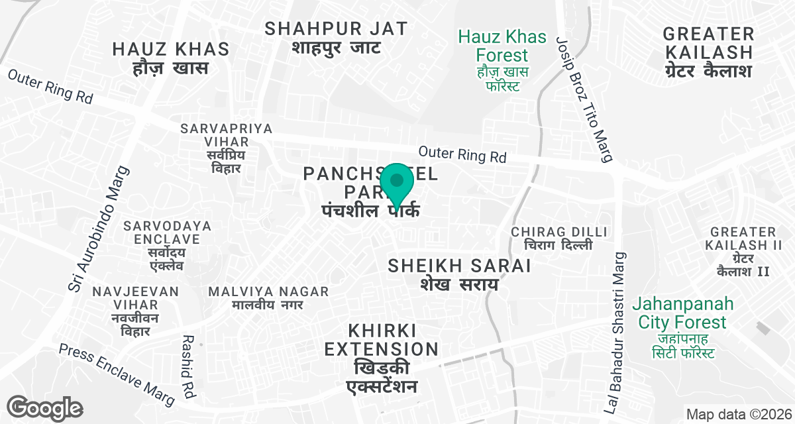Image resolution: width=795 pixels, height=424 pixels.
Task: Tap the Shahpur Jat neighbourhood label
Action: (336, 38)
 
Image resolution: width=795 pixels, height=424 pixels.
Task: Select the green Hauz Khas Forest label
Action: (502, 60)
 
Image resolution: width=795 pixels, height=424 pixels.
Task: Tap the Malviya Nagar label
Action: (268, 298)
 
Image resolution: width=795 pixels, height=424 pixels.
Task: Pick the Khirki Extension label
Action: (382, 358)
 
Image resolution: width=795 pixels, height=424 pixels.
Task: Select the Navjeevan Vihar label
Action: (136, 311)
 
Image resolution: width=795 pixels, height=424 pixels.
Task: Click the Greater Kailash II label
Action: (742, 251)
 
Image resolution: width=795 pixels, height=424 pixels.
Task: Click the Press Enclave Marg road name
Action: (117, 374)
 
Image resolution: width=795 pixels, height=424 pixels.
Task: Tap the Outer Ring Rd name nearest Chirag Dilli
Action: (462, 154)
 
